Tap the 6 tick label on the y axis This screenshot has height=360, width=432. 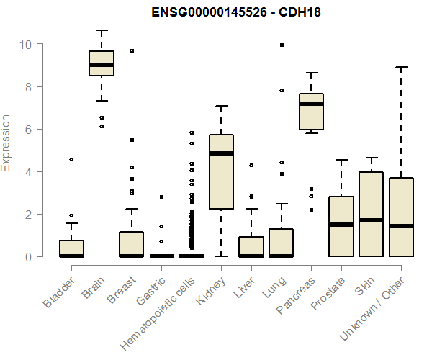pos(25,129)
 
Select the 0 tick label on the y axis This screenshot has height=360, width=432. pos(25,256)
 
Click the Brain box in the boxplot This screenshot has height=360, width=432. pos(102,63)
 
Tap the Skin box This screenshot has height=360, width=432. pos(371,214)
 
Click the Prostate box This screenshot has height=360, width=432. pos(341,226)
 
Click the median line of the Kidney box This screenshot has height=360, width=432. pos(221,153)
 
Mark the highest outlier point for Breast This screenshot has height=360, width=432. pos(132,50)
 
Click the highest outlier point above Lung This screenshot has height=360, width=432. pos(282,45)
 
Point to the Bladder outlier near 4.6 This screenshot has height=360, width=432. pos(71,159)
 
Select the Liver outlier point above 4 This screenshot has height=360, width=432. pos(251,165)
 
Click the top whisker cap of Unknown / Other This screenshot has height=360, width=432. pos(401,67)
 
